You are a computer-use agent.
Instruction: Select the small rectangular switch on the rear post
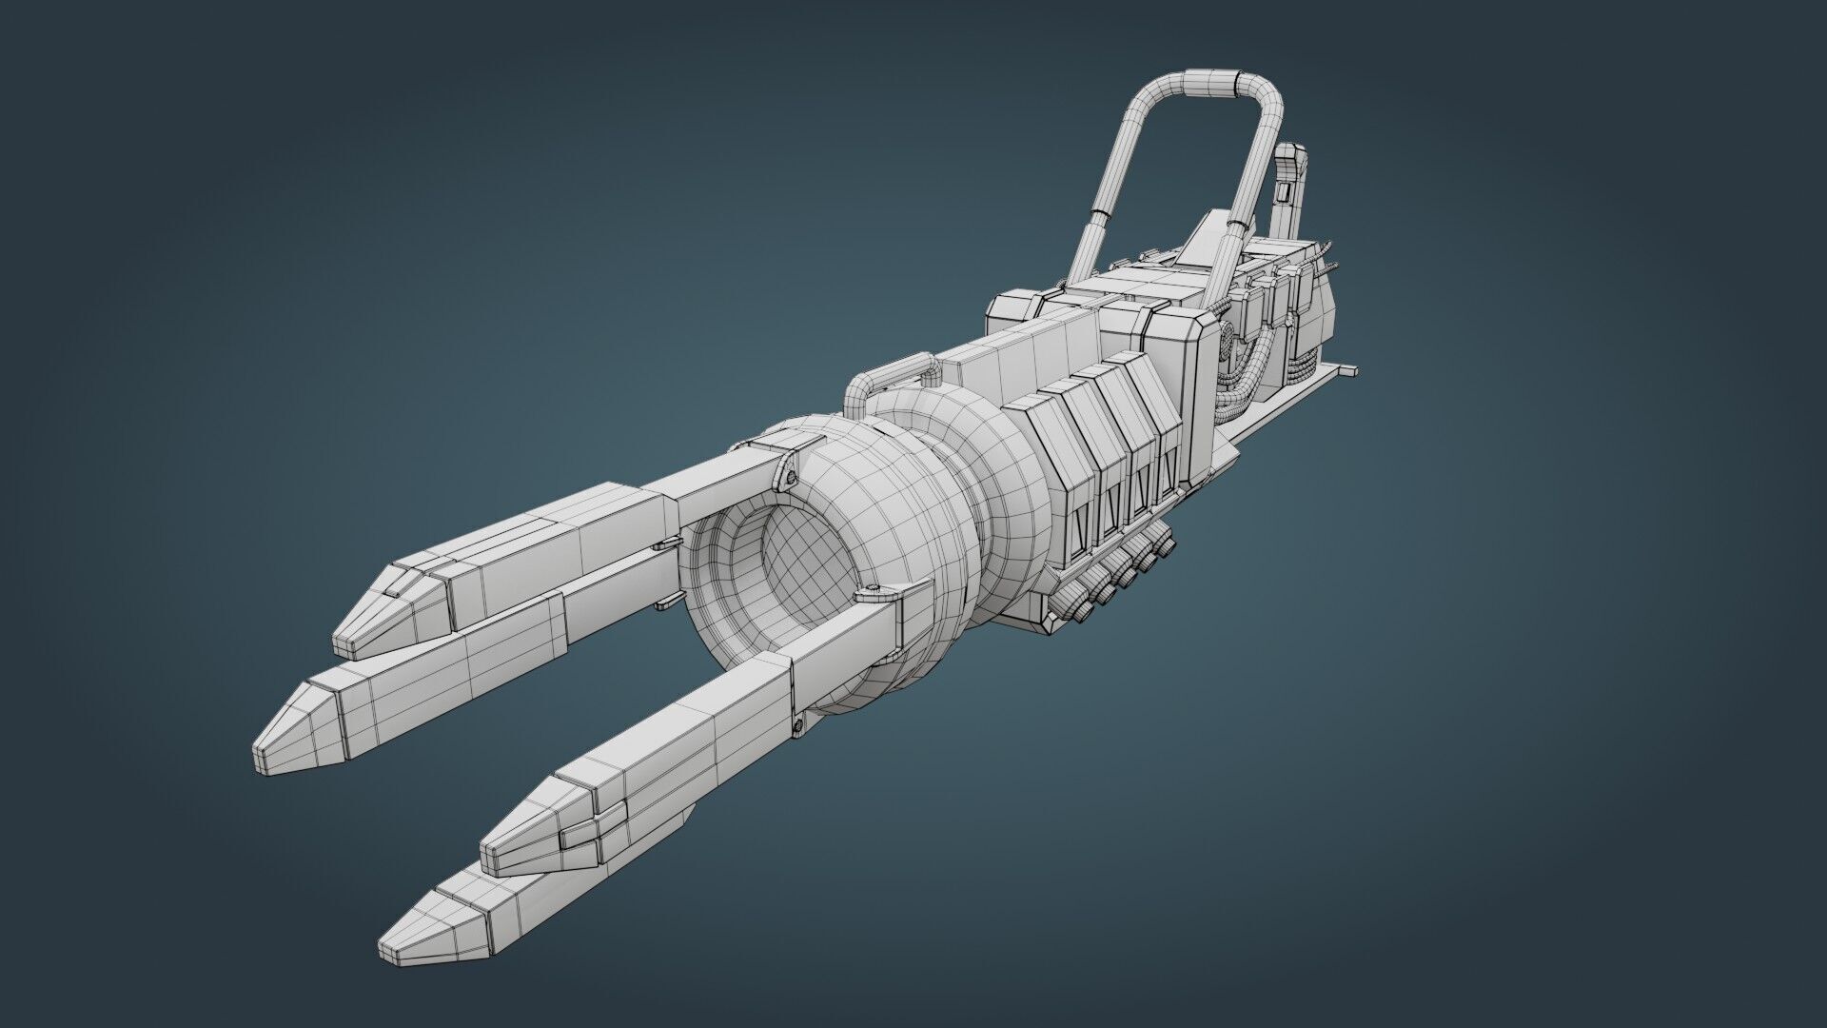tap(1281, 194)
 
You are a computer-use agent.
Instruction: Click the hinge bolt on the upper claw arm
tap(790, 473)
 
